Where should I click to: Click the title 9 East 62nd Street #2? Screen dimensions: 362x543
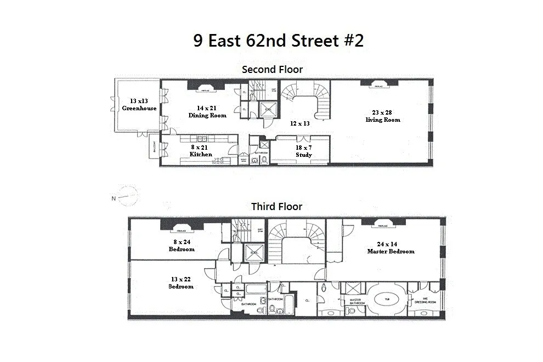coord(278,41)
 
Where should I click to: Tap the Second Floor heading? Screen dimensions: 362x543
coord(273,70)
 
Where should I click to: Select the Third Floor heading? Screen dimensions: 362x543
coord(276,207)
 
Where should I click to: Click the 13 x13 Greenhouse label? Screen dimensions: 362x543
coord(139,105)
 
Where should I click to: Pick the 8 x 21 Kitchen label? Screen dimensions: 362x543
coord(200,151)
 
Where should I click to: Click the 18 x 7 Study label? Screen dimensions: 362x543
coord(303,151)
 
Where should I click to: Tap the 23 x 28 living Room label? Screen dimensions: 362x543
coord(383,116)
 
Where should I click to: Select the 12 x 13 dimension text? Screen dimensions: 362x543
coord(300,123)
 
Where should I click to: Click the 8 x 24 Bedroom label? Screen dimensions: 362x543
coord(181,245)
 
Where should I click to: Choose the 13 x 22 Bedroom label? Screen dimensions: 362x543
coord(180,282)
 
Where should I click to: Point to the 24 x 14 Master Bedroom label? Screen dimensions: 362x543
coord(391,247)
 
